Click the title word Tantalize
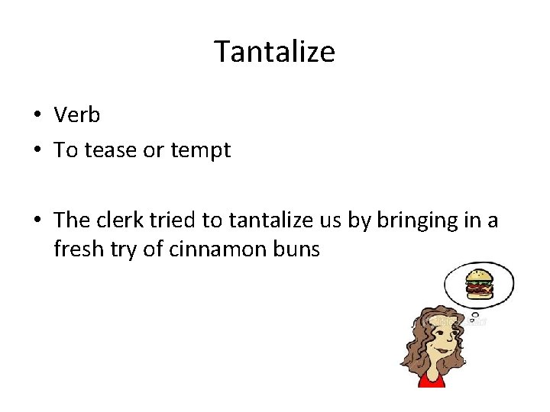coord(274,52)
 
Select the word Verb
coord(77,115)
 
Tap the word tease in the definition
coord(114,150)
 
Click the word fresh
coord(77,249)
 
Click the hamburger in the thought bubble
coord(480,284)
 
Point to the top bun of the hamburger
coord(480,274)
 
